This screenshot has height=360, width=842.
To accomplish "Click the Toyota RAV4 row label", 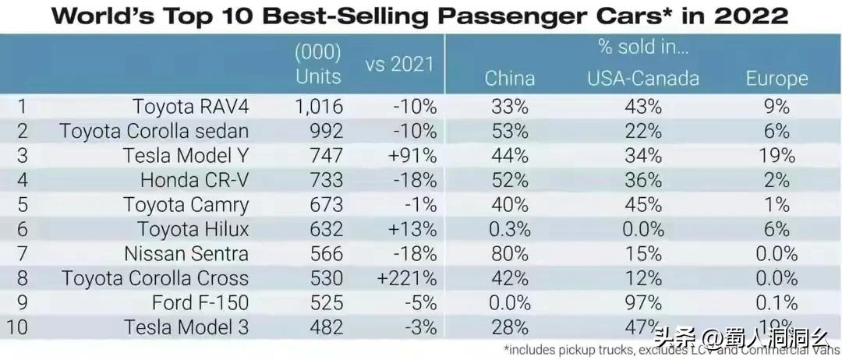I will pyautogui.click(x=190, y=107).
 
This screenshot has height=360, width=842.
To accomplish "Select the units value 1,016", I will pyautogui.click(x=318, y=107).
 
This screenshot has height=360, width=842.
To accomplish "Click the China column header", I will pyautogui.click(x=510, y=78).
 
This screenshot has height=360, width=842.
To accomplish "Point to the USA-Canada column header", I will pyautogui.click(x=643, y=78).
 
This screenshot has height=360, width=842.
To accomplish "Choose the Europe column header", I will pyautogui.click(x=777, y=78).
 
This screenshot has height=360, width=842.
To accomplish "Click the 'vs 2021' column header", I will pyautogui.click(x=399, y=64).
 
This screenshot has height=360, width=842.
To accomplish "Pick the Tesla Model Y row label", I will pyautogui.click(x=186, y=156).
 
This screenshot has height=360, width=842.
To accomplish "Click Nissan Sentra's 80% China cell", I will pyautogui.click(x=510, y=254).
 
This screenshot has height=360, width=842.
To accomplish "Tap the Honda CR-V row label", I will pyautogui.click(x=194, y=181).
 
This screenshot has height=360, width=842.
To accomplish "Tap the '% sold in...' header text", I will pyautogui.click(x=644, y=46).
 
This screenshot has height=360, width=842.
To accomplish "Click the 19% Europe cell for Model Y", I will pyautogui.click(x=777, y=156).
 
